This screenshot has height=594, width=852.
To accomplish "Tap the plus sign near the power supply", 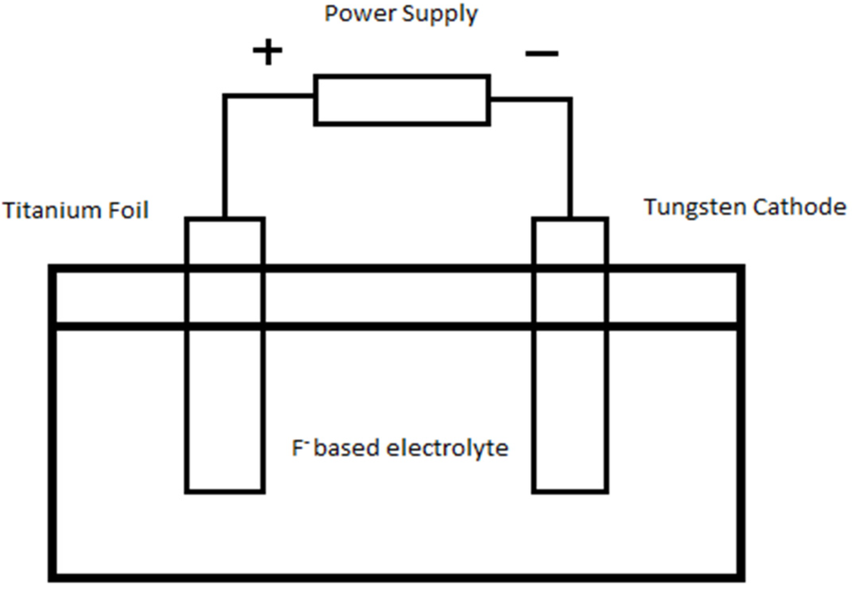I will (268, 52).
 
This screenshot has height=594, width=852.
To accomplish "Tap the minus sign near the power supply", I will (542, 54).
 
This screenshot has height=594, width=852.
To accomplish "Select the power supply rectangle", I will (401, 100).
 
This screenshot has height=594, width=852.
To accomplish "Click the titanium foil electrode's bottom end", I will (225, 488).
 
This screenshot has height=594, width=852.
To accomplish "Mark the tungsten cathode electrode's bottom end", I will (570, 488).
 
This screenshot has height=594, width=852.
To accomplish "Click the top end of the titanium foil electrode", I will (225, 220).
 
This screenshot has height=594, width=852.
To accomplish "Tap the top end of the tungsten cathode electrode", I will (570, 220).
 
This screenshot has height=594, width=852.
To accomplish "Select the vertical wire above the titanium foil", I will (224, 158).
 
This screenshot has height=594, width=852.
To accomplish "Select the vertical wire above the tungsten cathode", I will (570, 158).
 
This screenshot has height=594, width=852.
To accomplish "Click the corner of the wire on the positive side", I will (225, 97).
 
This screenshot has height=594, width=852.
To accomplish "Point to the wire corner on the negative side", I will (570, 99).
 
